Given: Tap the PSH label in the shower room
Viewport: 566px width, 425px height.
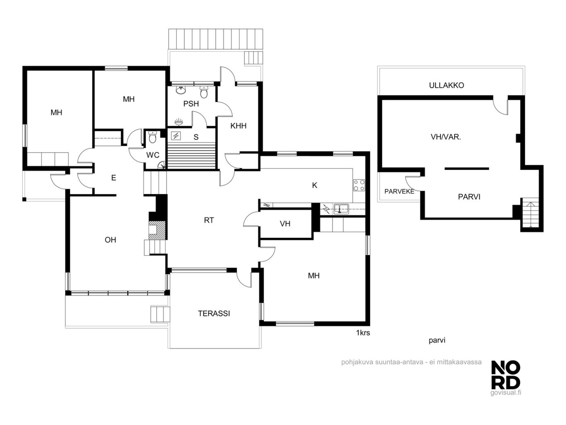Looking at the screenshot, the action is click(x=191, y=104).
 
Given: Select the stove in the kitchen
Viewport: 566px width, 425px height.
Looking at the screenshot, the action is click(x=359, y=185).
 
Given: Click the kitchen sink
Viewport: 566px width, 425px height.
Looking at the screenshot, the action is click(x=341, y=209).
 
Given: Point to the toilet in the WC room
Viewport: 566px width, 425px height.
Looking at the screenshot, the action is click(x=152, y=137).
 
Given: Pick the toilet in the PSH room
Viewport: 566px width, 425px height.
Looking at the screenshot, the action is click(x=204, y=92).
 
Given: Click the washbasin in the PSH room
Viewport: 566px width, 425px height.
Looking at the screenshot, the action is click(x=181, y=90).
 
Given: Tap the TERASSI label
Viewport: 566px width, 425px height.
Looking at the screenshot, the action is click(x=214, y=313).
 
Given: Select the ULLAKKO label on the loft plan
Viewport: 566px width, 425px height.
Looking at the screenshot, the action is click(x=446, y=85).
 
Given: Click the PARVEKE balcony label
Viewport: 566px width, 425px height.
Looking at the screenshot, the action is click(x=399, y=191).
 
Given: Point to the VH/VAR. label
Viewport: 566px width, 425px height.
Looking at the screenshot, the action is click(x=445, y=137).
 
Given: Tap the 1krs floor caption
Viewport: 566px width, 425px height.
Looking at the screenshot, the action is click(x=363, y=333).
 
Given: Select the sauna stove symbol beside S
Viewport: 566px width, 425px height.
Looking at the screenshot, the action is click(x=176, y=136).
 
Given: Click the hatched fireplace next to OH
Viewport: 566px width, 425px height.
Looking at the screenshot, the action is click(x=157, y=230).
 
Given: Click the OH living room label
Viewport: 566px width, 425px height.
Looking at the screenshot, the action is click(x=110, y=240).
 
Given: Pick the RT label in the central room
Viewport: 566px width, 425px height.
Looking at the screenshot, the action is click(x=208, y=220).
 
